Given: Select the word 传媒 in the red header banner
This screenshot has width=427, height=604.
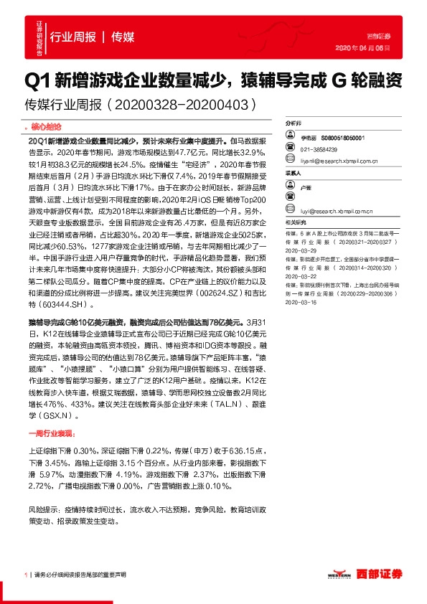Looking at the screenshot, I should tap(123, 37).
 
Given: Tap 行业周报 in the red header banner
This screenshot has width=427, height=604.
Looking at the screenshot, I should tap(73, 37).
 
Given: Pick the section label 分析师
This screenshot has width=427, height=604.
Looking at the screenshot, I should tap(292, 123).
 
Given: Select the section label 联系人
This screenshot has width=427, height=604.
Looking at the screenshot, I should tap(292, 172).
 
